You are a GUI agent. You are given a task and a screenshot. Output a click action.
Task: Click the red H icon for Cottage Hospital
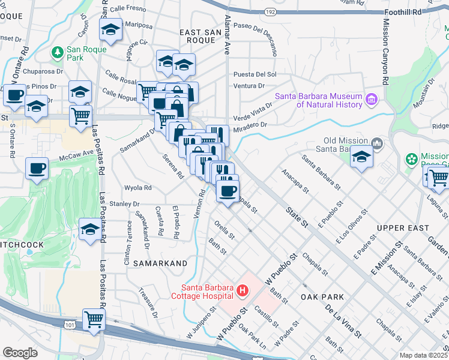243,292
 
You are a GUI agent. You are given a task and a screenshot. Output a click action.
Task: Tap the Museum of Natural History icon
371,98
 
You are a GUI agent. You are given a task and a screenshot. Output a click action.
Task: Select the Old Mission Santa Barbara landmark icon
377,143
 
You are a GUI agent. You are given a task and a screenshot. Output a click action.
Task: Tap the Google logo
20,353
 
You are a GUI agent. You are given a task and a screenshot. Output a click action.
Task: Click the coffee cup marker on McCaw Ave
37,169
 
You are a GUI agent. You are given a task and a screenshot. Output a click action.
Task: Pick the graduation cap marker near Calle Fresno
110,30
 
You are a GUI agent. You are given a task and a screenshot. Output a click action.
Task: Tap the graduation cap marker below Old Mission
361,158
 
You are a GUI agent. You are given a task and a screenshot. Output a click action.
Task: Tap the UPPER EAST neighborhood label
403,228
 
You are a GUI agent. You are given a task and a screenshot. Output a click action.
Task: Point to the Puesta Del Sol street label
255,74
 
